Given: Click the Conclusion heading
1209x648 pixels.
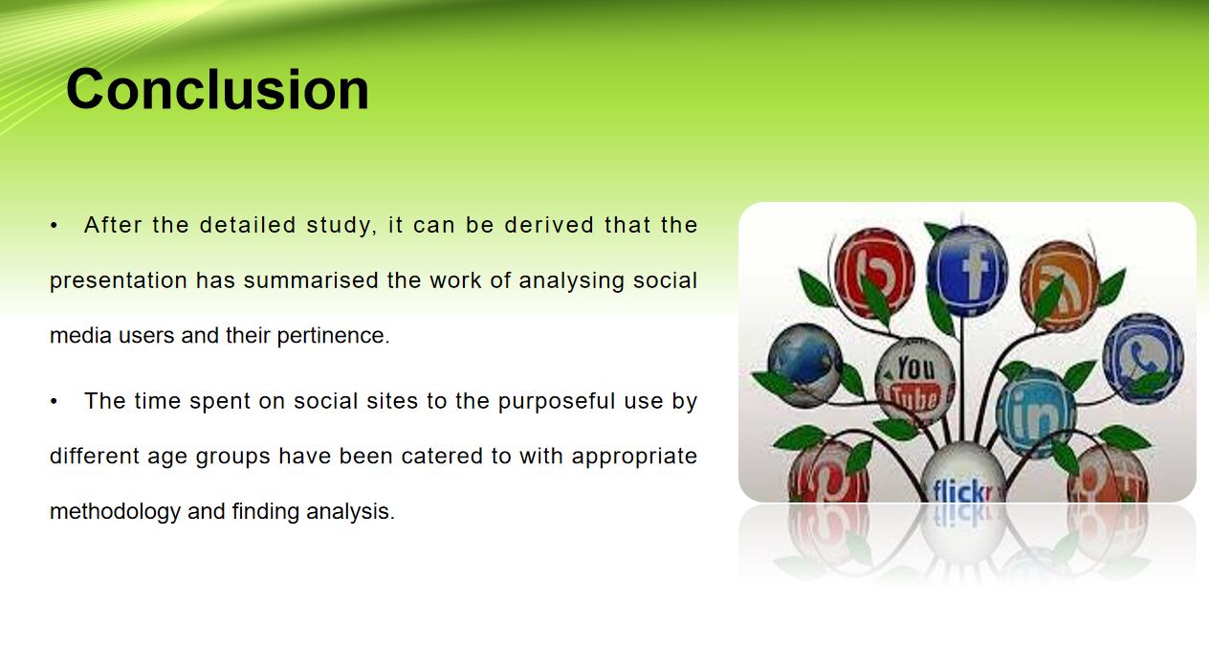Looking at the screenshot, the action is pyautogui.click(x=217, y=89).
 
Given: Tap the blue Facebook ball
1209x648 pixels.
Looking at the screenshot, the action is pyautogui.click(x=967, y=270).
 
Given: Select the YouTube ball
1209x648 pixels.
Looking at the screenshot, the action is pyautogui.click(x=914, y=382).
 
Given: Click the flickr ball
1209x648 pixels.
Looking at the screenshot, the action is pyautogui.click(x=962, y=474).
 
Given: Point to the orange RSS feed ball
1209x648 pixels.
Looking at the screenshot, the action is pyautogui.click(x=1060, y=286).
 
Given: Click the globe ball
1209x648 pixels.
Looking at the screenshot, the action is pyautogui.click(x=805, y=365).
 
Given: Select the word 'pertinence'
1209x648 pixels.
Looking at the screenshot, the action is pyautogui.click(x=333, y=336).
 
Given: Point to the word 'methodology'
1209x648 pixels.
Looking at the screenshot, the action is pyautogui.click(x=115, y=511).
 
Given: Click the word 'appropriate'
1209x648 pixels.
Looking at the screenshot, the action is pyautogui.click(x=634, y=457).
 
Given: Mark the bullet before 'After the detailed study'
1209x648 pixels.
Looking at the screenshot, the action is pyautogui.click(x=54, y=226).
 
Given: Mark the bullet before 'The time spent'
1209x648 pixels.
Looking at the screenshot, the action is pyautogui.click(x=54, y=401).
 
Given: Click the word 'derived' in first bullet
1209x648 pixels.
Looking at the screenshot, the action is pyautogui.click(x=549, y=225).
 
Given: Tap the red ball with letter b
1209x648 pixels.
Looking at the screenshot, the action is pyautogui.click(x=874, y=273).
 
